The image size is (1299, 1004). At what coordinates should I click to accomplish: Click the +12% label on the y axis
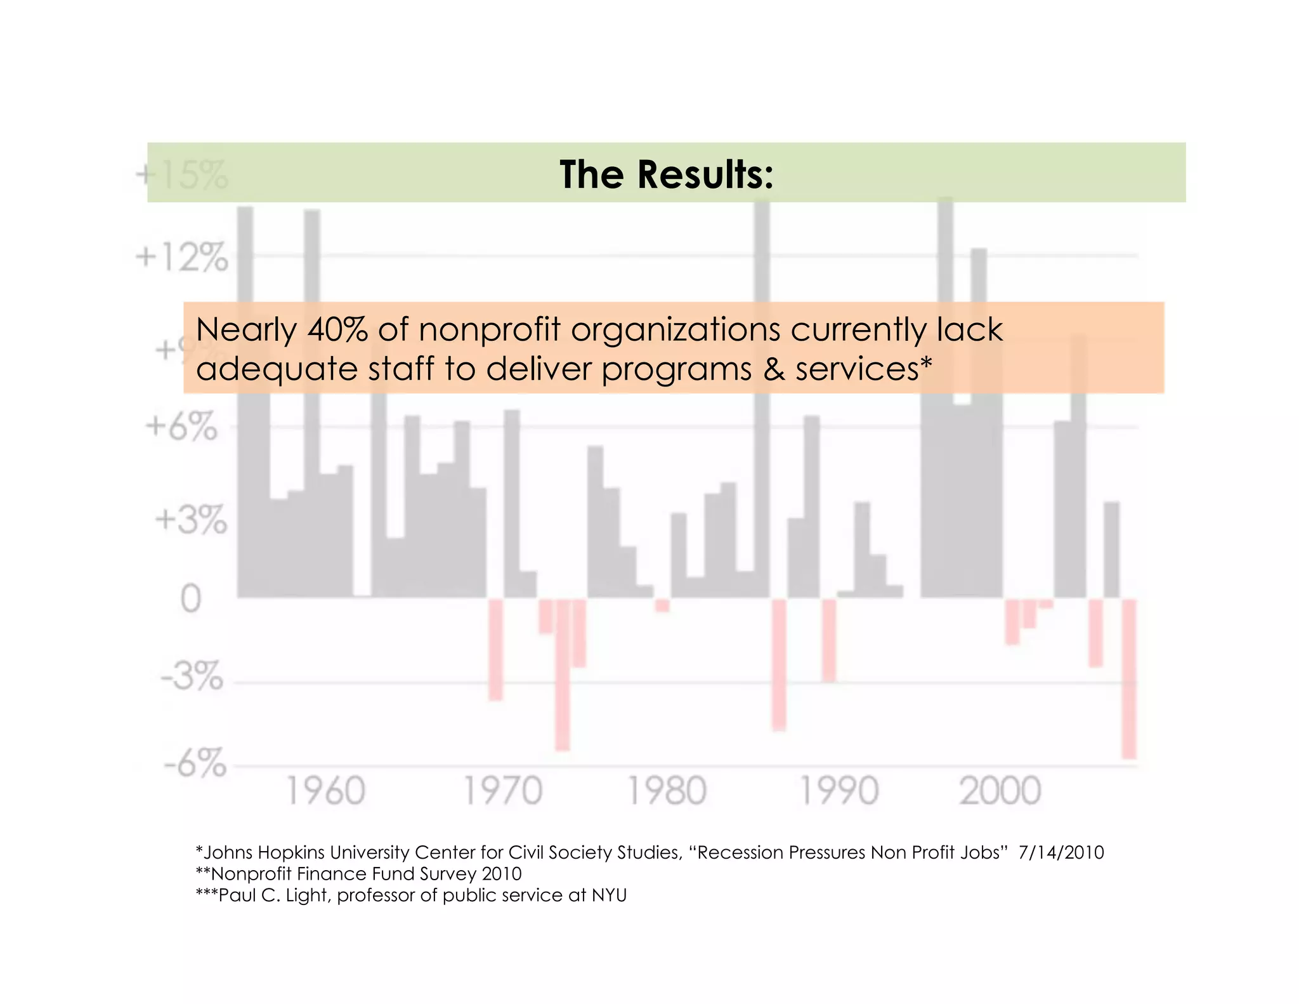coord(181,258)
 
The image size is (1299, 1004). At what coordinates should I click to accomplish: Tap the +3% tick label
coord(190,520)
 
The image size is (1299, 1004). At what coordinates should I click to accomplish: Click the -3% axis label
coord(192,677)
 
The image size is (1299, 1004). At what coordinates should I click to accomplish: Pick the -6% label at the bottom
coord(195,763)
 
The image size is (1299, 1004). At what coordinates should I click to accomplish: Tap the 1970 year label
coord(503,791)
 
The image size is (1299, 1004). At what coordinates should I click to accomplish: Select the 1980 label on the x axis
coord(666,791)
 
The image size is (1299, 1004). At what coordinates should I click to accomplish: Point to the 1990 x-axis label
coord(839,791)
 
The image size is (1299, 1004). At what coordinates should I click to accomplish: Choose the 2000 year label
coord(1000,791)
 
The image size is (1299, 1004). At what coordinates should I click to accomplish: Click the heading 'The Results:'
coord(666,174)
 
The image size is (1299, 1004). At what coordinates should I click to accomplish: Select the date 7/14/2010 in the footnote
coord(1061,852)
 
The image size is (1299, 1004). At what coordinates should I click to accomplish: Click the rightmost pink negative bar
coord(1128,678)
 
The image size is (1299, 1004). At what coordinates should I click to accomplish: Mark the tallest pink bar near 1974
coord(563,674)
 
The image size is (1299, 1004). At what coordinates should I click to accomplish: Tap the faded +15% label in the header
coord(181,175)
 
